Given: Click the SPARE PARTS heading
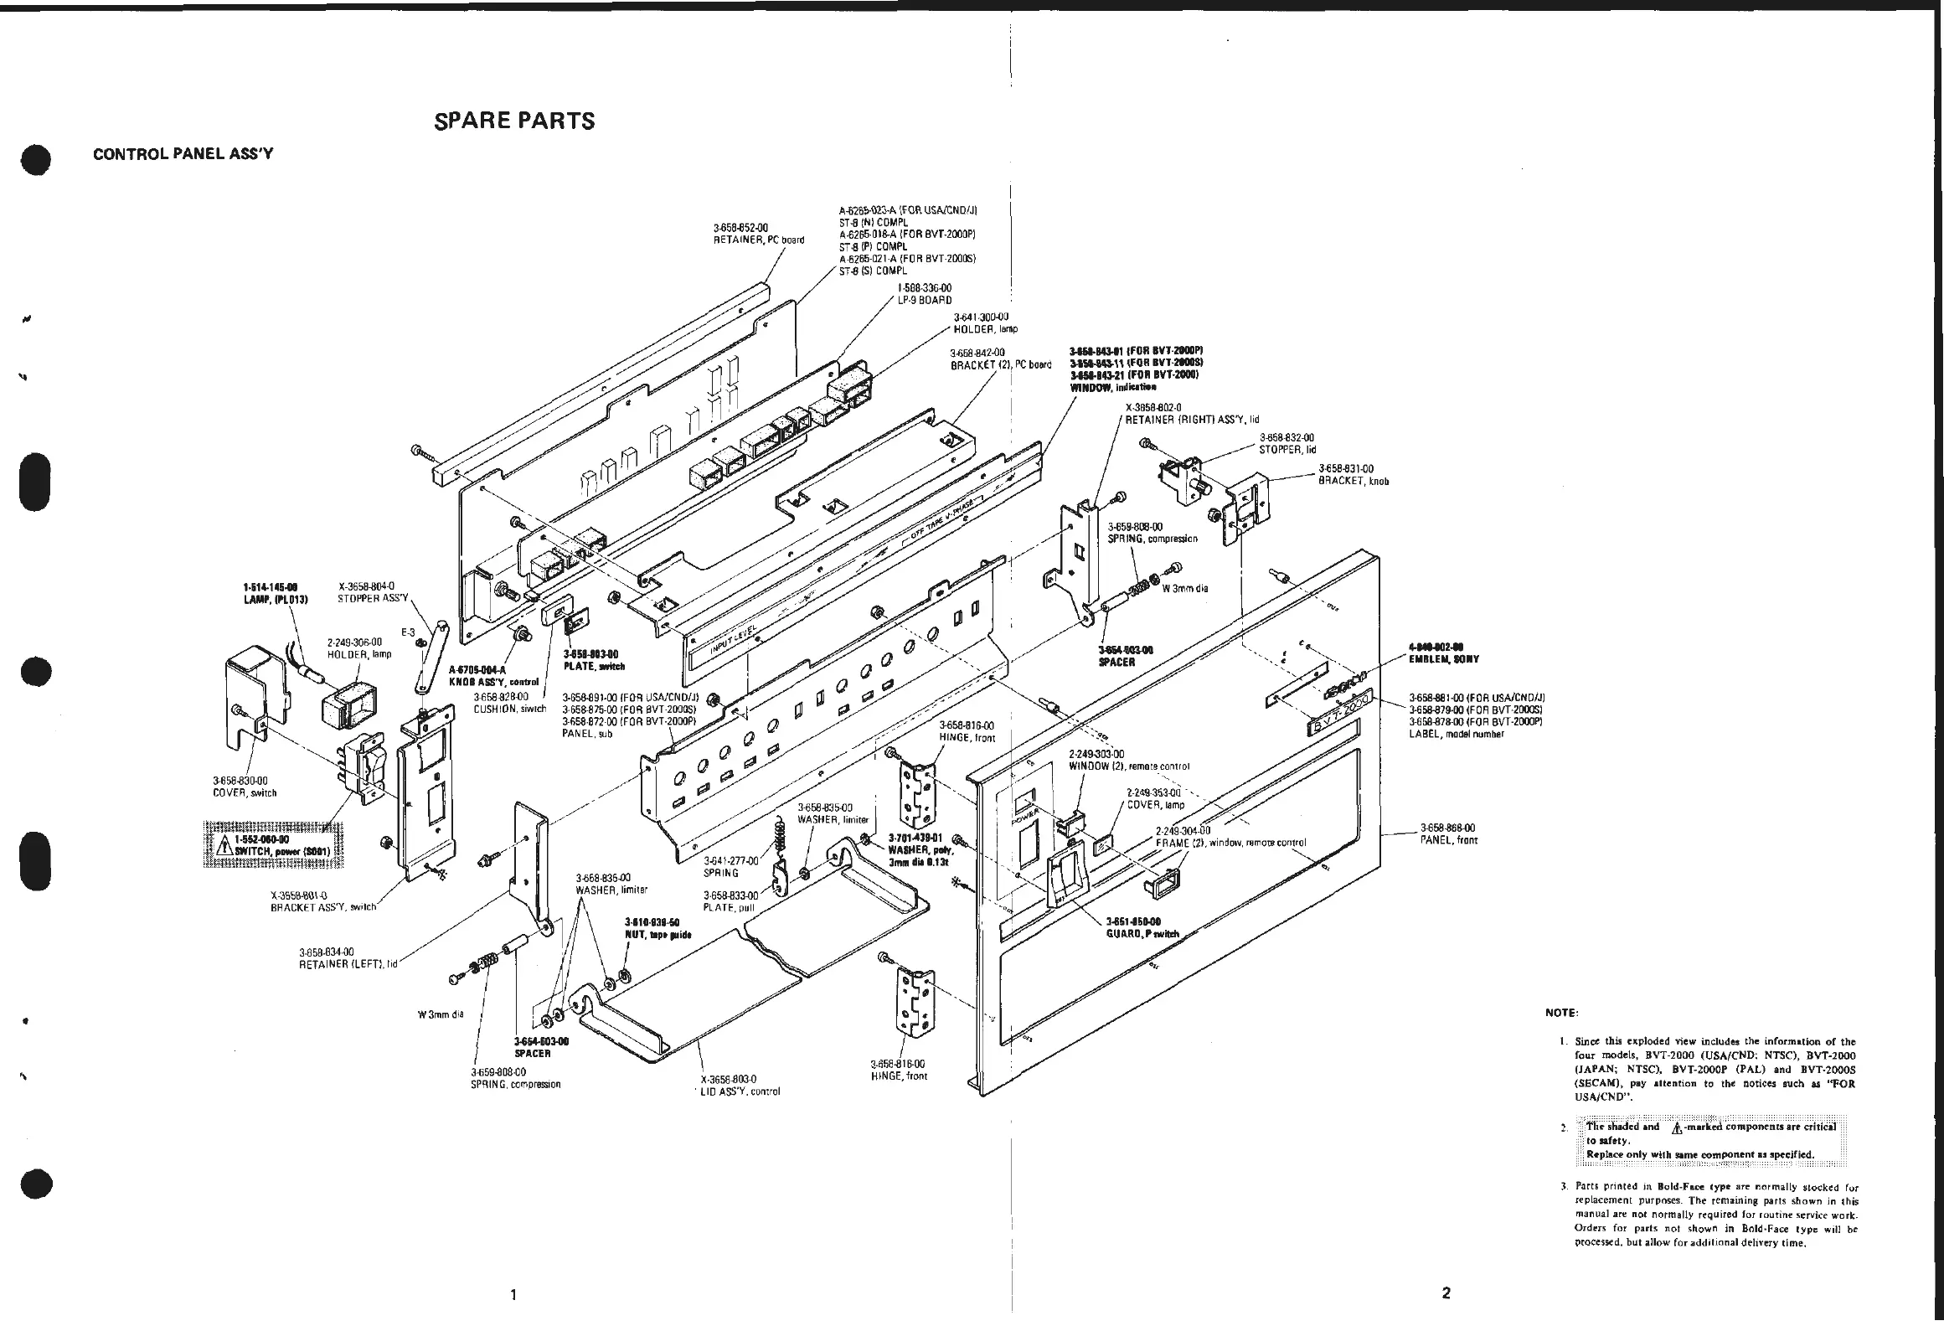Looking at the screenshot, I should (x=514, y=121).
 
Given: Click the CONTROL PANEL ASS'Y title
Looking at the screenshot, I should (x=183, y=154).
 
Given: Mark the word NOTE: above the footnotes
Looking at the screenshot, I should (x=1560, y=1013).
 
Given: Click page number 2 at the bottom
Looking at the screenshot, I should (x=1446, y=1292).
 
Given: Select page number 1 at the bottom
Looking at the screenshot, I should (x=513, y=1294).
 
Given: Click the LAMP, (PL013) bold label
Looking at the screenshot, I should (x=275, y=592).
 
